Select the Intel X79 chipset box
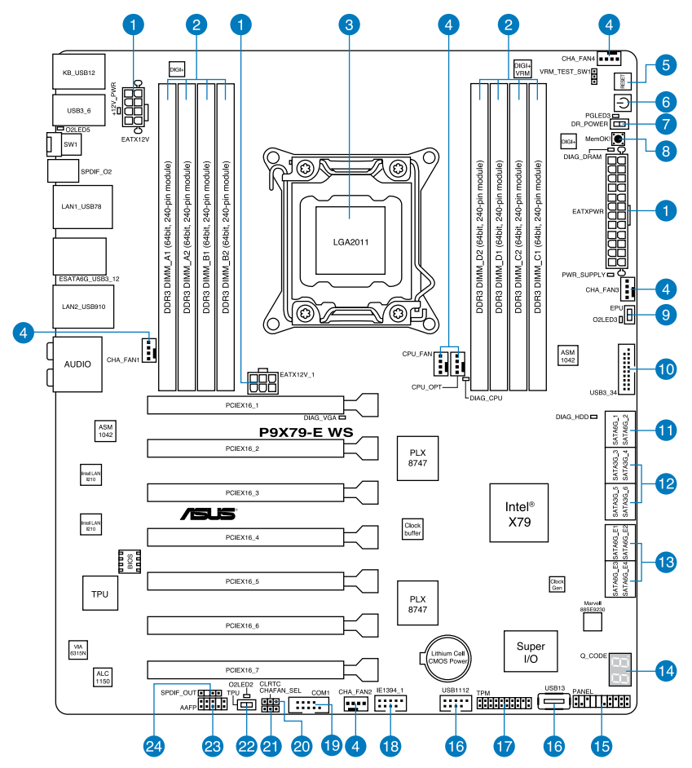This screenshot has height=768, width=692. tap(519, 513)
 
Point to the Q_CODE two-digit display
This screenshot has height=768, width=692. tap(619, 671)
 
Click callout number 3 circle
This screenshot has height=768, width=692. tap(350, 25)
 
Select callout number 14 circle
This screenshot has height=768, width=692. tap(666, 671)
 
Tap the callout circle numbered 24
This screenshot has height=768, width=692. tap(153, 745)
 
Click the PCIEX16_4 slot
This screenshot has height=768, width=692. tap(245, 537)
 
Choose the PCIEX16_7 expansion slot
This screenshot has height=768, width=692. tap(245, 669)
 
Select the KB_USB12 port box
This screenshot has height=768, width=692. tap(78, 73)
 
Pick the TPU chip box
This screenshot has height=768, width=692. tap(99, 594)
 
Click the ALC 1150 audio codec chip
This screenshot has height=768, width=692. tap(103, 676)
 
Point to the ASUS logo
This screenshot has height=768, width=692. tap(209, 514)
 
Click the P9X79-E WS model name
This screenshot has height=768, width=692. tap(306, 433)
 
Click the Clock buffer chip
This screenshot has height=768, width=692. tap(412, 529)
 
